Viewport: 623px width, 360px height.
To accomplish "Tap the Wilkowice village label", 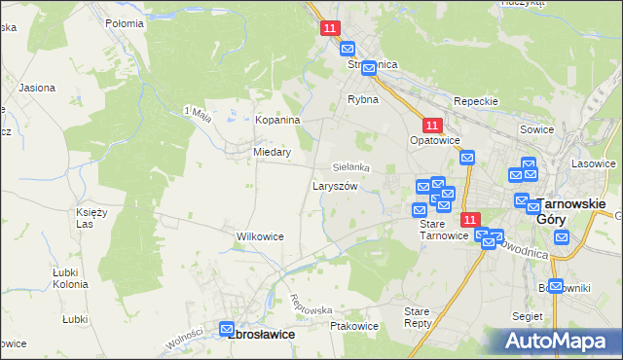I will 260,236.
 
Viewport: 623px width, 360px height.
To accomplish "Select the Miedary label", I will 272,152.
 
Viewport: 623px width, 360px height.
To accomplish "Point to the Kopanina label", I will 277,120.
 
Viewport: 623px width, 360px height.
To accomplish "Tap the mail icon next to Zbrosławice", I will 227,330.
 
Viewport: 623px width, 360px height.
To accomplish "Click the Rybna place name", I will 363,99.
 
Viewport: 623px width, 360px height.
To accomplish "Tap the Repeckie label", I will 476,101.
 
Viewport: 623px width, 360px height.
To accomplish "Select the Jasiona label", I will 37,88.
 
